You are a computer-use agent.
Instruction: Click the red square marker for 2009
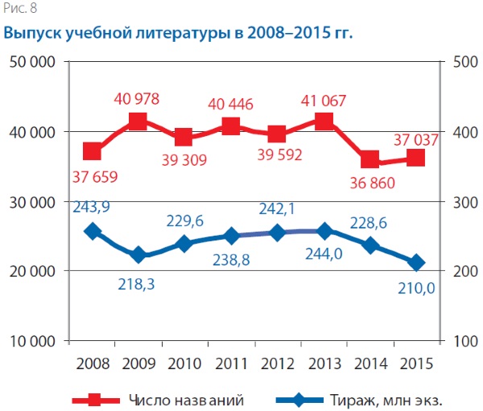click(138, 122)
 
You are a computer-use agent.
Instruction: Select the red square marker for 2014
click(370, 160)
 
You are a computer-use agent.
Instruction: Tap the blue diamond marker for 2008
click(92, 231)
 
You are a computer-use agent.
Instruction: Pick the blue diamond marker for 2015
click(416, 262)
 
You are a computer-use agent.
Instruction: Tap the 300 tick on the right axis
click(463, 202)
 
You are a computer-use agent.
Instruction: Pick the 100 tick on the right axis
click(463, 342)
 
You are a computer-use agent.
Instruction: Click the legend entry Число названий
click(185, 398)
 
